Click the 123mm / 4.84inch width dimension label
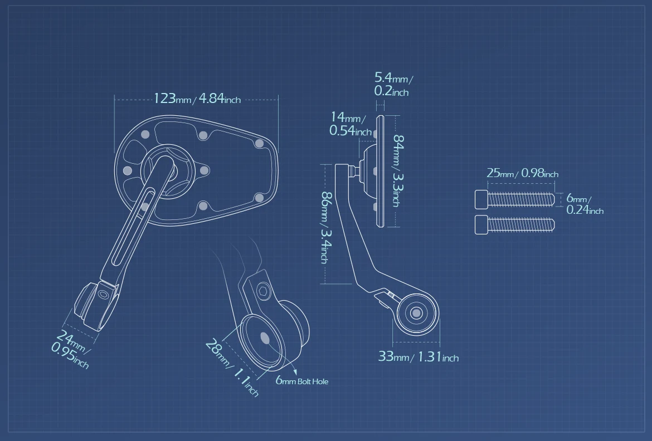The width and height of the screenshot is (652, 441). pos(197,99)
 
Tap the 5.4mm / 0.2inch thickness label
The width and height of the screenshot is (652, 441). pos(393,84)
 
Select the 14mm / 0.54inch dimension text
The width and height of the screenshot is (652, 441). pos(350,124)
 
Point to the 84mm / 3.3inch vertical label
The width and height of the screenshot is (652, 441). pos(398,170)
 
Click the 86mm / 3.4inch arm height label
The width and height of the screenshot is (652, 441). pos(327,227)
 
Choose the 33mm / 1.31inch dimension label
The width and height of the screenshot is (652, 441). pos(419,356)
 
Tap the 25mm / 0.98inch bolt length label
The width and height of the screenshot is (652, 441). pos(522,173)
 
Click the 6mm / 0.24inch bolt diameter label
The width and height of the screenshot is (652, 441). pos(585,204)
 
